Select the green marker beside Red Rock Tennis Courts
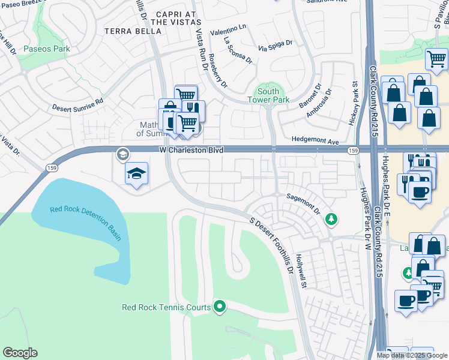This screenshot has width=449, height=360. pyautogui.click(x=220, y=307)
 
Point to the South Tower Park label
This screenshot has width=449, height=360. pyautogui.click(x=273, y=95)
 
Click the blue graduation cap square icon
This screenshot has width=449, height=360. pyautogui.click(x=137, y=173)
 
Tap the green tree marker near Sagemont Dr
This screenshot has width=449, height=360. pyautogui.click(x=331, y=220)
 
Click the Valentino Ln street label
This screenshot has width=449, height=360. pyautogui.click(x=228, y=30)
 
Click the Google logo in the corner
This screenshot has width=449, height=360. pyautogui.click(x=20, y=353)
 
